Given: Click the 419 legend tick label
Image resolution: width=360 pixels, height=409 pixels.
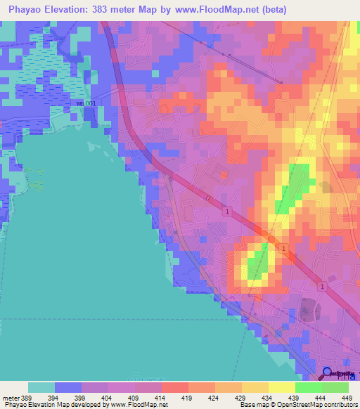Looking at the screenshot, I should [188, 398].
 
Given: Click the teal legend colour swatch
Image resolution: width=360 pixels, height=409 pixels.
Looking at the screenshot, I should [41, 387].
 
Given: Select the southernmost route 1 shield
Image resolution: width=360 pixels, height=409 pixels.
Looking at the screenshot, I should [320, 287].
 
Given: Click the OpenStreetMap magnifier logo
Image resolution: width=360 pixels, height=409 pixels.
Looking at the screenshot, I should [328, 374].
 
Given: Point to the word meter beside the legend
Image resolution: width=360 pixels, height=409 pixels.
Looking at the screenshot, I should [10, 398].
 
